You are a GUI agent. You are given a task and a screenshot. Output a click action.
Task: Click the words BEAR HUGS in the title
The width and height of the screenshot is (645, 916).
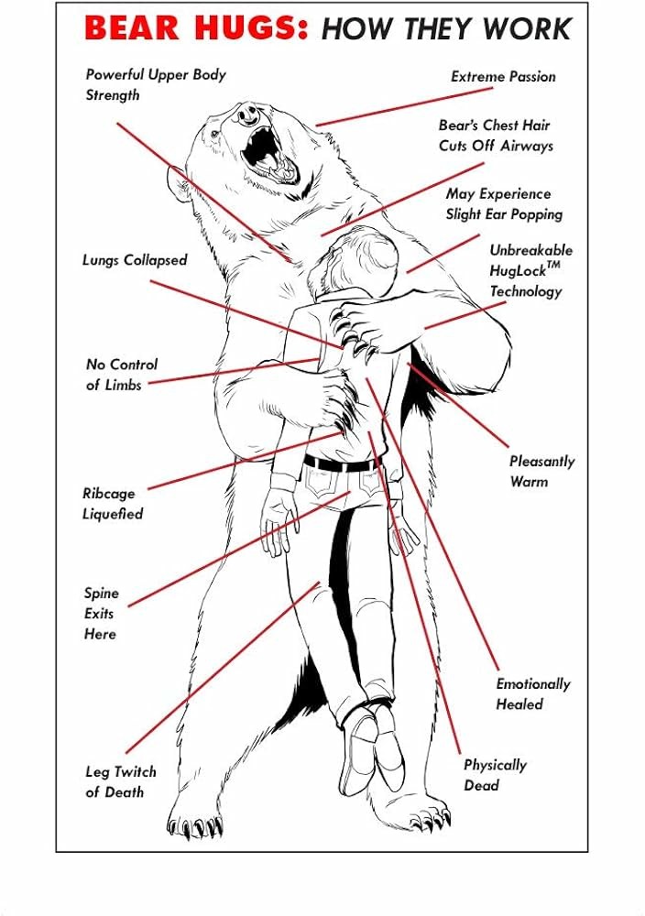click(197, 30)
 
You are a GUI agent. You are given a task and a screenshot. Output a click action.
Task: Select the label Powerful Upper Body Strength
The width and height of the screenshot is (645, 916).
click(155, 84)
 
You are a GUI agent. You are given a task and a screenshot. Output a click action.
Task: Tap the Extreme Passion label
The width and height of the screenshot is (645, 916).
click(502, 77)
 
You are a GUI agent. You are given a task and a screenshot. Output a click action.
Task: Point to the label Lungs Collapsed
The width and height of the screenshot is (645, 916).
click(134, 260)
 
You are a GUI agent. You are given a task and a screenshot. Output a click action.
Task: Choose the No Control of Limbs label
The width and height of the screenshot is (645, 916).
click(120, 375)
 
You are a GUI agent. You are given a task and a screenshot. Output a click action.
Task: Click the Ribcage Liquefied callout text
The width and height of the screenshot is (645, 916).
click(113, 504)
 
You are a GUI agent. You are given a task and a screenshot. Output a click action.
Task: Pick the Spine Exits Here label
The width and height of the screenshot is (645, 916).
click(101, 613)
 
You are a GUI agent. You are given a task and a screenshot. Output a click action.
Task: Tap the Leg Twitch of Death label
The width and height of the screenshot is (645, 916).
click(120, 781)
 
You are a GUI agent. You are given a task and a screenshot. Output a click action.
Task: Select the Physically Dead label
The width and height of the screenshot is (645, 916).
click(494, 775)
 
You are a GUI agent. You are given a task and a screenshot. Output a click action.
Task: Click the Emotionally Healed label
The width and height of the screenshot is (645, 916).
click(532, 693)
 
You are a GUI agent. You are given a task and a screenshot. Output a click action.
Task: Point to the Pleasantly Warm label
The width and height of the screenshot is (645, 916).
click(541, 471)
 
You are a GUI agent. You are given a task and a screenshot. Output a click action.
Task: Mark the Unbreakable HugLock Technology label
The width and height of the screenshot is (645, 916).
click(530, 270)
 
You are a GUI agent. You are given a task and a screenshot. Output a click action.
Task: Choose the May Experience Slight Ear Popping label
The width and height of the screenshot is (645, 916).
click(503, 204)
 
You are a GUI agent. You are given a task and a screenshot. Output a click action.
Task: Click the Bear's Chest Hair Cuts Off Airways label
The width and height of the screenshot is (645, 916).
click(495, 135)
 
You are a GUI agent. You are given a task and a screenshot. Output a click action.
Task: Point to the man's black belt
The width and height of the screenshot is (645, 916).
click(341, 463)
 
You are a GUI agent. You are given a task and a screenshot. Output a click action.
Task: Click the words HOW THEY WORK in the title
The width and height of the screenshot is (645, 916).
click(445, 30)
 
